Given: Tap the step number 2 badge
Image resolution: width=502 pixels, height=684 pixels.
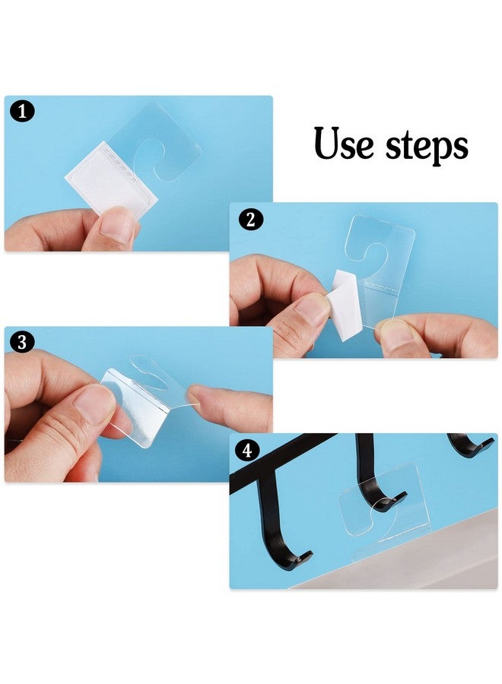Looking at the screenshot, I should [249, 220].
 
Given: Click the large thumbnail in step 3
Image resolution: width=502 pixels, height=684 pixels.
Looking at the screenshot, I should [96, 404].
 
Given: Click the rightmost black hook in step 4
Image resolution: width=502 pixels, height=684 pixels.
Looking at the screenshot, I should [469, 444].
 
